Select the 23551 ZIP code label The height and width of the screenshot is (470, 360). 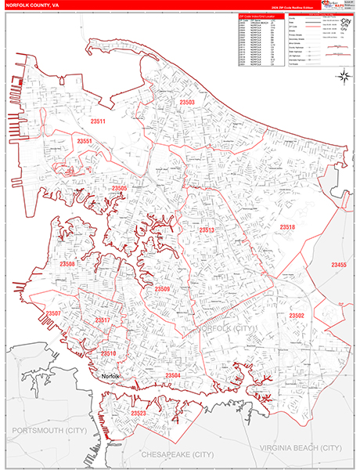click(85, 141)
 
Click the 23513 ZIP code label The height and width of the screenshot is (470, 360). click(207, 230)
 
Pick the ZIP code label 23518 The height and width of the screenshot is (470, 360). click(287, 227)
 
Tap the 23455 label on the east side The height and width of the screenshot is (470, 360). click(339, 266)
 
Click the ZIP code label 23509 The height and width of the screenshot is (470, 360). click(162, 290)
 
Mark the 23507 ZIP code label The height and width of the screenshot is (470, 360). click(53, 314)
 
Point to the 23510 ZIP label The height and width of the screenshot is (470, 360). click(108, 353)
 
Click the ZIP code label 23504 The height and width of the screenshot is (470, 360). click(173, 376)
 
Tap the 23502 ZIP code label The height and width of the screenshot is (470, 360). click(297, 316)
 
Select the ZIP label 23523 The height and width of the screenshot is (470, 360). click(139, 413)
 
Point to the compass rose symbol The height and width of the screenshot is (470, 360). click(343, 76)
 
